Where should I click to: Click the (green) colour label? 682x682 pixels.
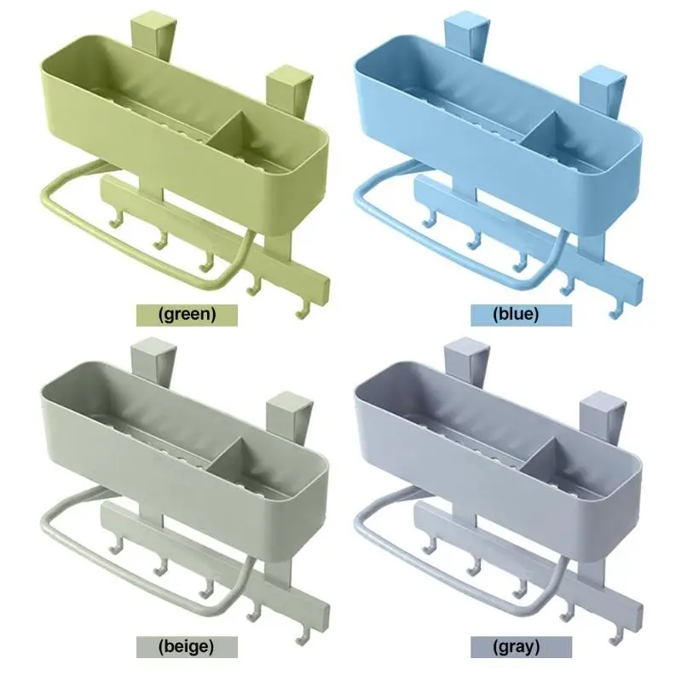187,315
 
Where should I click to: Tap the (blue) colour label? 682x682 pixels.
521,315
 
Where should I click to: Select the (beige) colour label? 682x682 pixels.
187,647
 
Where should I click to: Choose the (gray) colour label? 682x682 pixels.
521,647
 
